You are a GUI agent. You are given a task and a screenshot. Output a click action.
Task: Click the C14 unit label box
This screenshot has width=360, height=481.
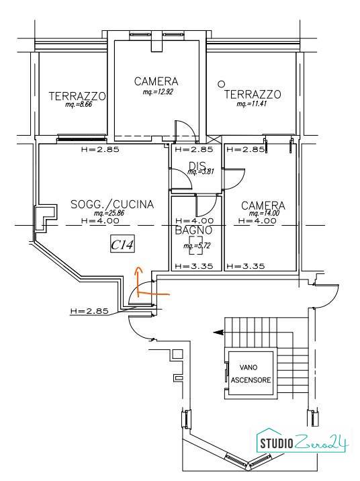click(123, 245)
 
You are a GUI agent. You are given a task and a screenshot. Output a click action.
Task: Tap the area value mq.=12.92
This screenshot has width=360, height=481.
click(158, 92)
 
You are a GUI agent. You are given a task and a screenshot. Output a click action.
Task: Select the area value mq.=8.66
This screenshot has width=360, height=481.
click(79, 104)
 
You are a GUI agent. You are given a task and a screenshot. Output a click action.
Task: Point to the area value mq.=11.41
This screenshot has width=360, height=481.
click(251, 103)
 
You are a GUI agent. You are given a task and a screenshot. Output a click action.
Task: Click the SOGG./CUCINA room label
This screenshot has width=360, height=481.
click(112, 204)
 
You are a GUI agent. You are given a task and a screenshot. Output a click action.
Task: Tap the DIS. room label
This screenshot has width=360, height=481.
click(197, 166)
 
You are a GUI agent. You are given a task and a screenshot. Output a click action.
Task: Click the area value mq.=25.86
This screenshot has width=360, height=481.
click(109, 213)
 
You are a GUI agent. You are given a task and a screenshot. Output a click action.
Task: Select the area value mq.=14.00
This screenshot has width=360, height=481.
click(265, 213)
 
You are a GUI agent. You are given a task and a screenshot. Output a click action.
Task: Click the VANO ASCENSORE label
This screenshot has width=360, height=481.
click(251, 374)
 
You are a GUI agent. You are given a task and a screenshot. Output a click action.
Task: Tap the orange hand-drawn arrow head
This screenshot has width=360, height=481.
click(138, 270)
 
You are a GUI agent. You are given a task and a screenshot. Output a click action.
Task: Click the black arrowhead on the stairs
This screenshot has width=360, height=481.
click(218, 332)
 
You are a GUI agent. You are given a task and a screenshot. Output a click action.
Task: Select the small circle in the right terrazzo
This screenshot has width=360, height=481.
click(220, 83)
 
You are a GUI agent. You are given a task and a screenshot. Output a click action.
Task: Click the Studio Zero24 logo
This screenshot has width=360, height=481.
click(302, 442)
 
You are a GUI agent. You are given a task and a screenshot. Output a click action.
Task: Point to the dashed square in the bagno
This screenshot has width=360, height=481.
click(195, 246)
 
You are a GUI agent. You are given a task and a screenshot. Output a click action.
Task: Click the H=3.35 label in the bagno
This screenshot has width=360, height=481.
click(194, 266)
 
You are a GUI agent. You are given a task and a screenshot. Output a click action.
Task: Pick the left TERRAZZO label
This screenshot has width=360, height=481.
click(77, 96)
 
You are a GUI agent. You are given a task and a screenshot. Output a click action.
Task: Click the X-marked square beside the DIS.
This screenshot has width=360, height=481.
click(214, 140)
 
